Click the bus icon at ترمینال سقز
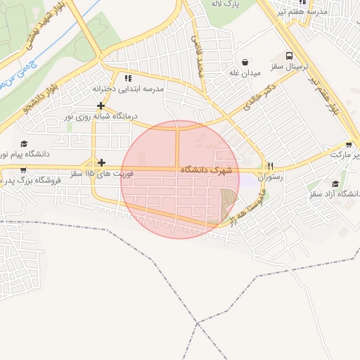[289, 56]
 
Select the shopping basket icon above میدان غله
[245, 62]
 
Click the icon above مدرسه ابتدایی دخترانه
[127, 78]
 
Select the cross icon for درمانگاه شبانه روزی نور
[101, 105]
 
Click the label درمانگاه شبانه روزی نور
[102, 115]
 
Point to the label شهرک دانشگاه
[206, 170]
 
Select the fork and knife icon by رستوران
[269, 167]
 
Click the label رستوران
[269, 178]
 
